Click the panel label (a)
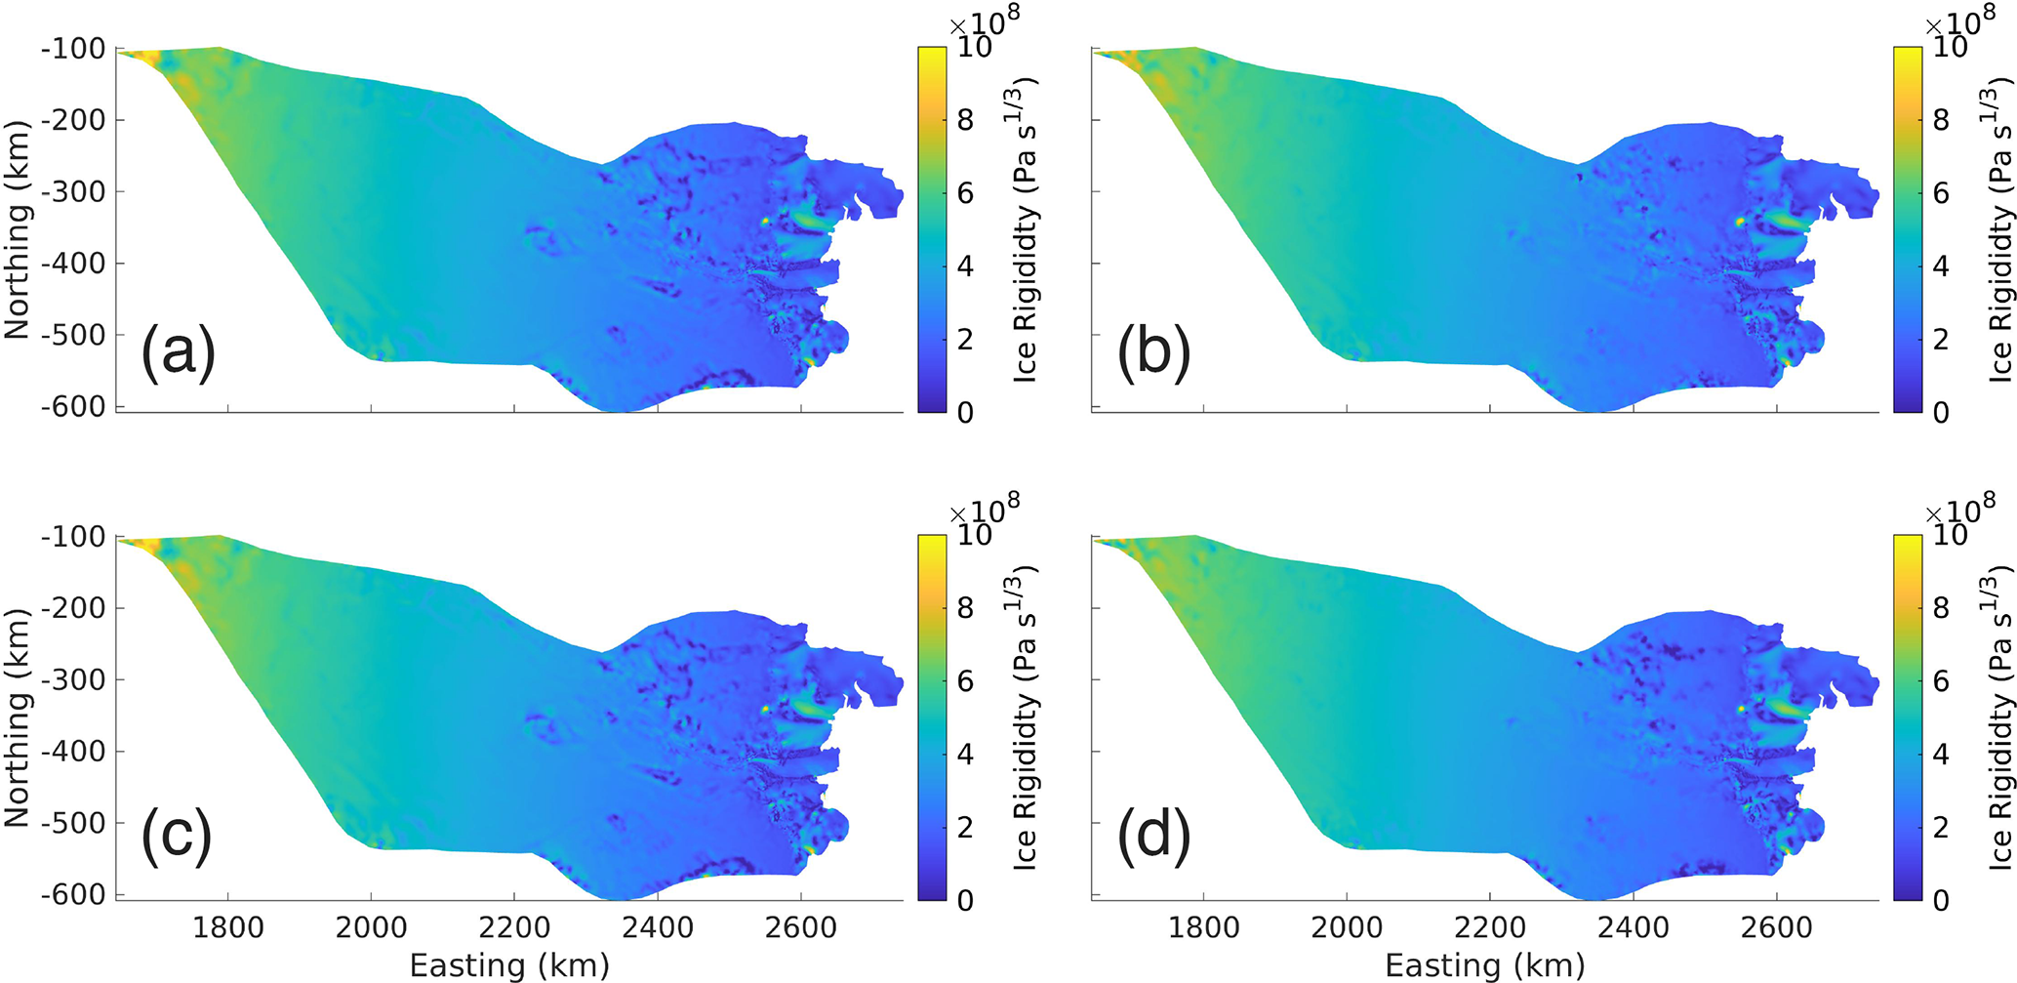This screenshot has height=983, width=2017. point(178,350)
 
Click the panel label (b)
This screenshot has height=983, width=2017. point(1153,350)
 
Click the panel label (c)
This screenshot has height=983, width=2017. point(177,838)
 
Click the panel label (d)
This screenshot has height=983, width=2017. point(1153,838)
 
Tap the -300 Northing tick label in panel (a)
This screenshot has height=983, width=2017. point(73,192)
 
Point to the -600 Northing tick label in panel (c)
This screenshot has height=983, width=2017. point(73,895)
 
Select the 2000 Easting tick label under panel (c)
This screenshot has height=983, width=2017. point(371,927)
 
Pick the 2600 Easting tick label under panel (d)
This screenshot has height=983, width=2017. point(1776,927)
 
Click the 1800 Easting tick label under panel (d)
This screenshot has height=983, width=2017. point(1203,927)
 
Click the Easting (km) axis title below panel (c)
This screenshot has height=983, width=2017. point(509,965)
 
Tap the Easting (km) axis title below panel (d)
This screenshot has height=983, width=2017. point(1485,965)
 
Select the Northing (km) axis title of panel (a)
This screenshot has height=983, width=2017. point(18,229)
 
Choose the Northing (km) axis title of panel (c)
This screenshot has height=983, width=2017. point(18,717)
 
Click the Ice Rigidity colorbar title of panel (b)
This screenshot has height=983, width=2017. point(1998,229)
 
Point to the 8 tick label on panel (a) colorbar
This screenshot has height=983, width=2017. point(965,120)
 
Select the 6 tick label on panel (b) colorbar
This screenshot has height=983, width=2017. point(1941,193)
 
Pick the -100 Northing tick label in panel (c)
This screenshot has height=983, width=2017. point(73,537)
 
